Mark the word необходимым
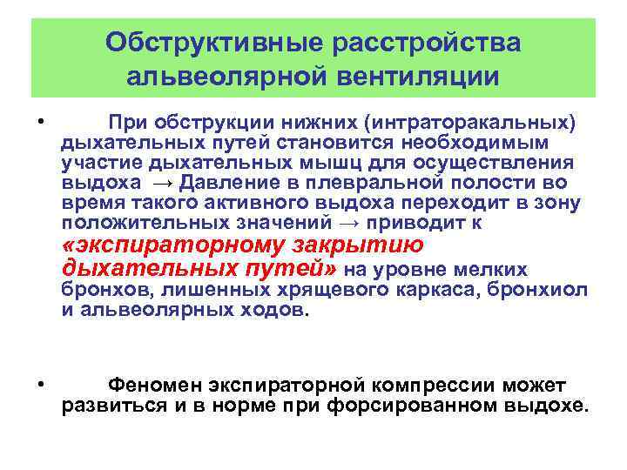click(491, 142)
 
